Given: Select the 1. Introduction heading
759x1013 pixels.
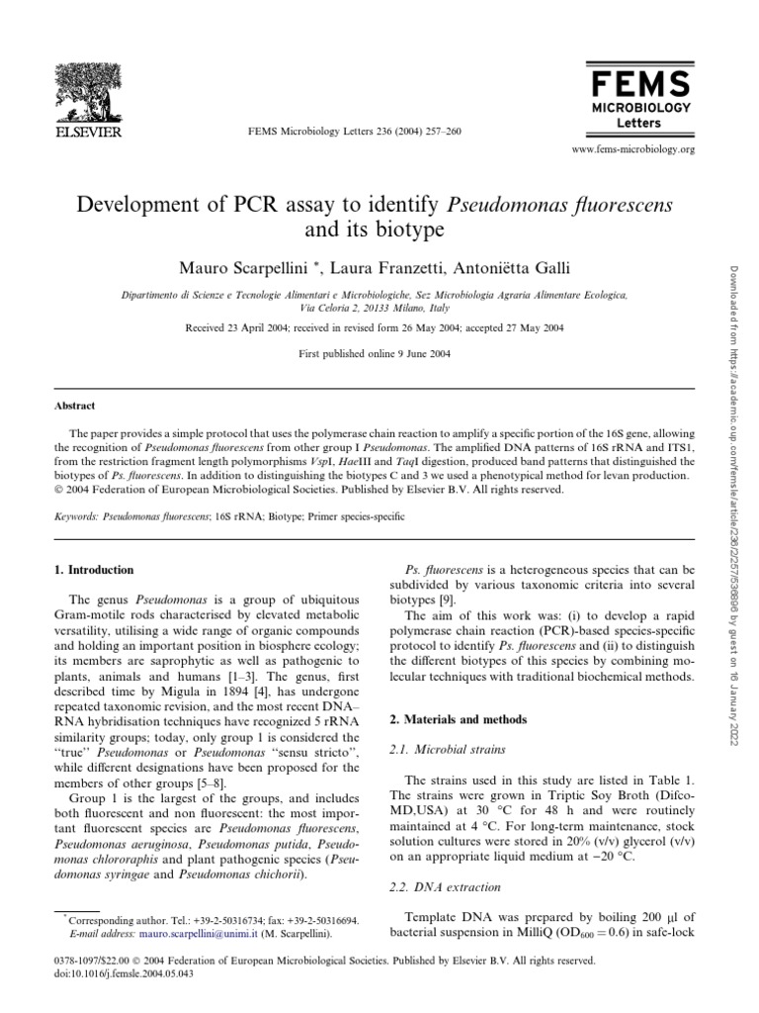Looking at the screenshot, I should click(99, 570).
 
